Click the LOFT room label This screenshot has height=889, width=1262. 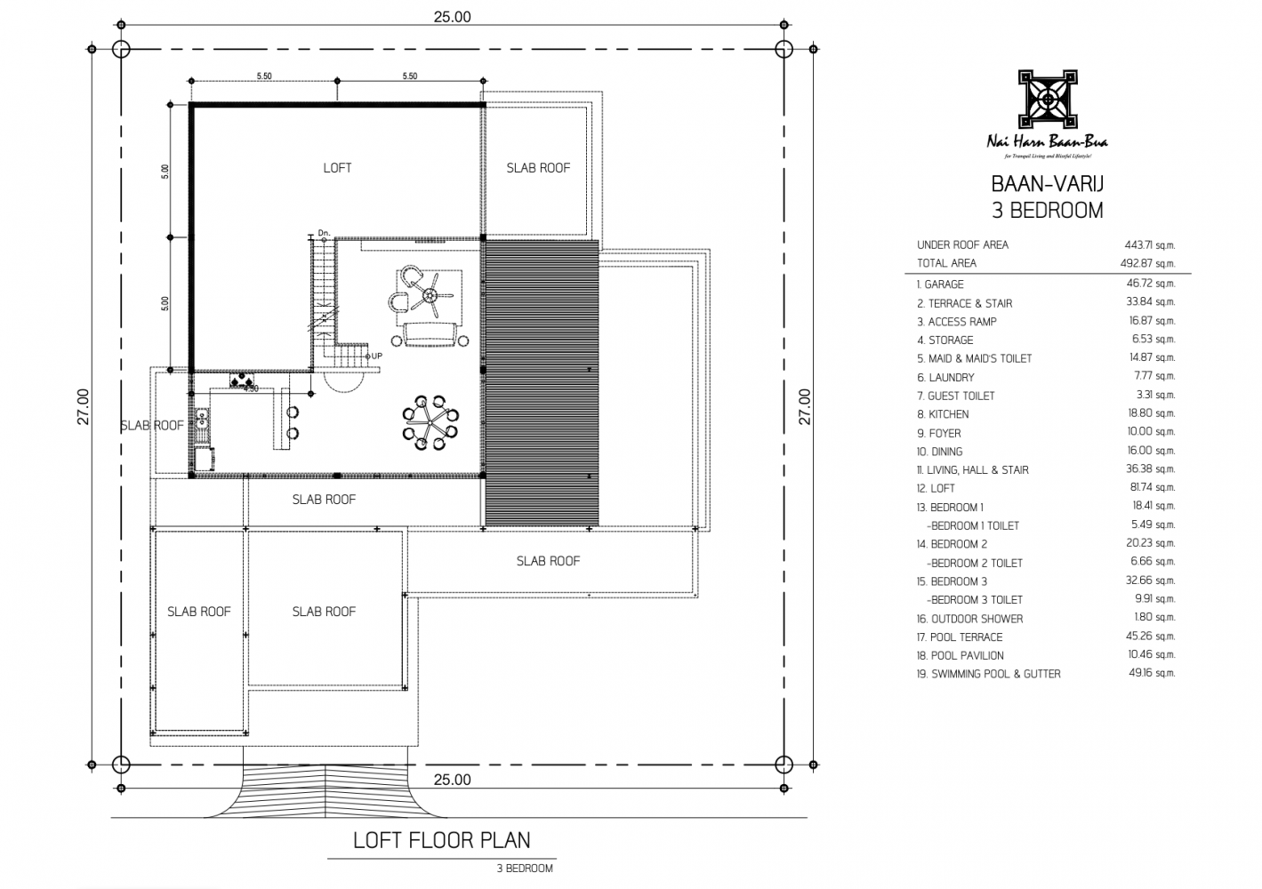tap(337, 168)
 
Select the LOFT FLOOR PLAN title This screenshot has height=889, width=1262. tap(441, 840)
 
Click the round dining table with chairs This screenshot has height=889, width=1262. tap(431, 420)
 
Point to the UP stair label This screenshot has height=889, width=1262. tap(376, 356)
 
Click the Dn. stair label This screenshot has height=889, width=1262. tap(324, 234)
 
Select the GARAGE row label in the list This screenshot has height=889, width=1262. tap(940, 284)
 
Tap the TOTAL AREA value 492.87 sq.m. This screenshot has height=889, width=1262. tap(1147, 263)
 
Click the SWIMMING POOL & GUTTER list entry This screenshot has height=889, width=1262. tap(988, 674)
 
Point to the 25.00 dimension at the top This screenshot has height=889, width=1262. tap(452, 16)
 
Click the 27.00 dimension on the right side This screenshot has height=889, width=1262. tap(805, 406)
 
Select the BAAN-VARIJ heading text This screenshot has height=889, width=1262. tap(1046, 185)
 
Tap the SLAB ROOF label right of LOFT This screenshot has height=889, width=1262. tap(538, 168)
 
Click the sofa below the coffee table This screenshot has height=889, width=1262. tap(431, 335)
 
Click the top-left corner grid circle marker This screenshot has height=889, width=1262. tap(123, 49)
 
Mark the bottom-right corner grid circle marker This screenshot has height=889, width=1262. tap(784, 765)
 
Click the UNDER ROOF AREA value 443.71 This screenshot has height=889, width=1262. tap(1149, 244)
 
